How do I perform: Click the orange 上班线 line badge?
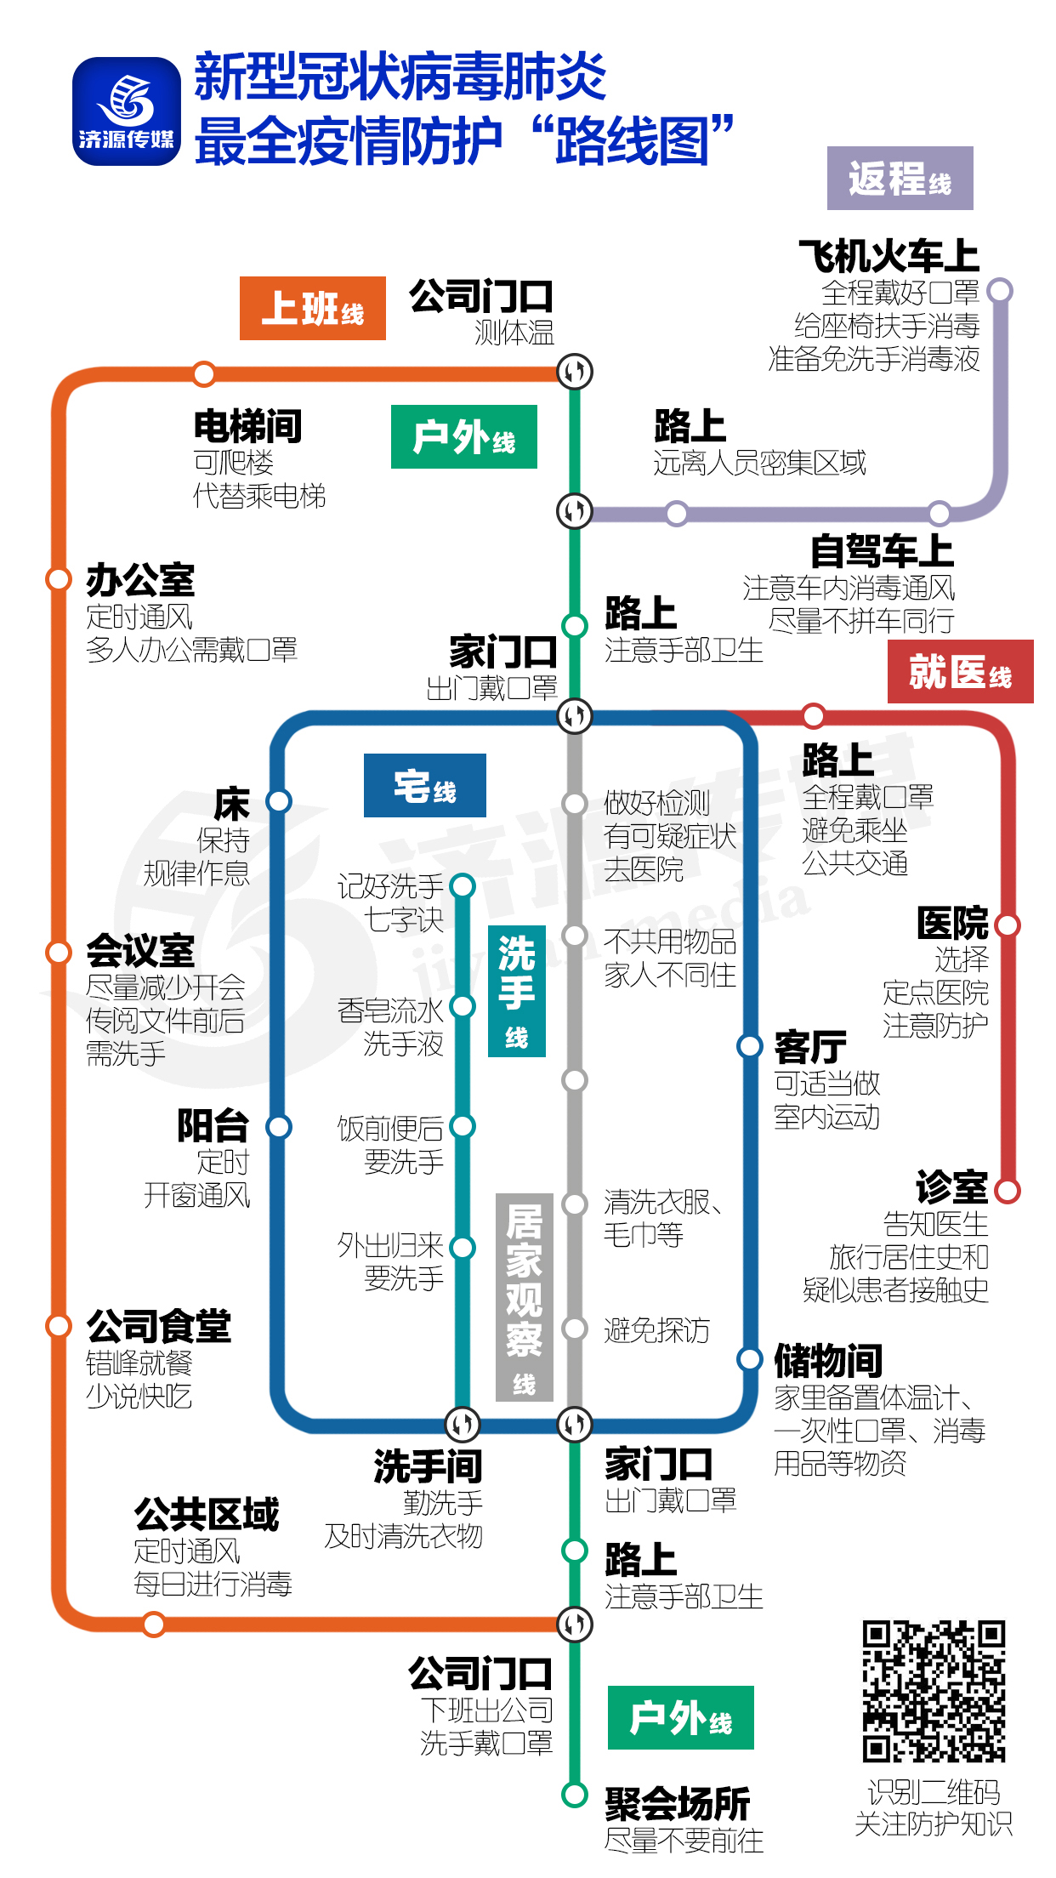click(312, 308)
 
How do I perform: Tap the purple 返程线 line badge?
click(900, 178)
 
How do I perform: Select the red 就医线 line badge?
click(960, 672)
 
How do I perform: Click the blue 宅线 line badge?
click(424, 785)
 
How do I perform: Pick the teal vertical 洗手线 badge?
click(516, 990)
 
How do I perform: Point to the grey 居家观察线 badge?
click(524, 1296)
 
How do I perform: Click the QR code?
click(934, 1691)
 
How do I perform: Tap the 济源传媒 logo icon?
click(127, 111)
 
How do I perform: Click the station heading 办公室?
click(140, 581)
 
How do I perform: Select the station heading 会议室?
click(140, 951)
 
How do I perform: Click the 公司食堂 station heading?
click(158, 1326)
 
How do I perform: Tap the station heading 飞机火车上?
click(889, 256)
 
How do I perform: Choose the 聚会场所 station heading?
click(677, 1803)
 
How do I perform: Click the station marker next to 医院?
click(1008, 925)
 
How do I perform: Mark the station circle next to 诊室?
click(1008, 1191)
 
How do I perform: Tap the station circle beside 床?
click(279, 801)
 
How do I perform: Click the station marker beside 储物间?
click(749, 1359)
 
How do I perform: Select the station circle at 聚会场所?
click(575, 1795)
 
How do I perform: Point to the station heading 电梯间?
click(247, 426)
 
